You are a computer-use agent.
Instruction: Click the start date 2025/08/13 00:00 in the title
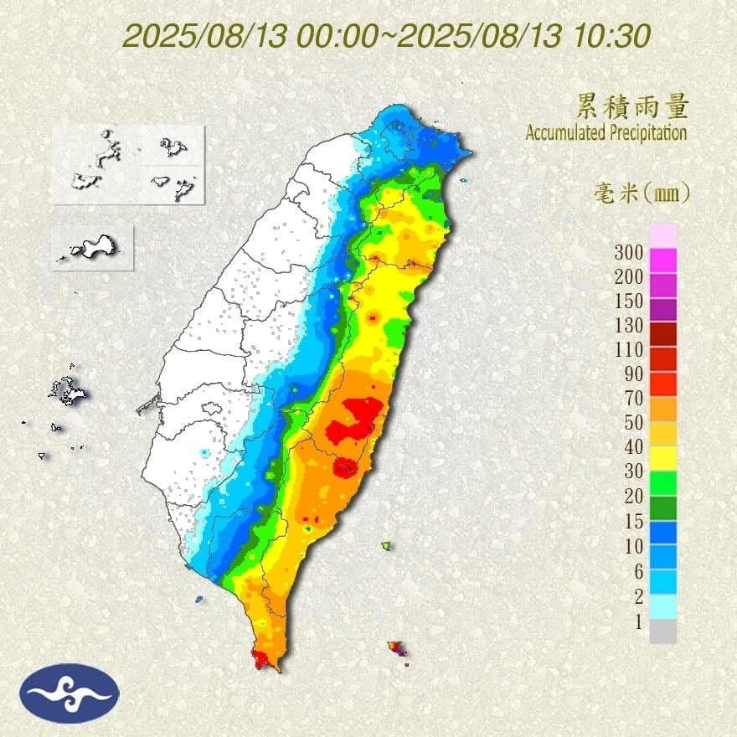pyautogui.click(x=251, y=35)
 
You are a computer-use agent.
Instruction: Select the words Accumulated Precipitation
pyautogui.click(x=606, y=132)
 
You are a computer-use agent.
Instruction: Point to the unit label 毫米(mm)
pyautogui.click(x=637, y=194)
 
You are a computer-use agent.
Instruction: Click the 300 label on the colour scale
pyautogui.click(x=628, y=252)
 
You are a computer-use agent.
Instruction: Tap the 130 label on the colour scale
pyautogui.click(x=628, y=325)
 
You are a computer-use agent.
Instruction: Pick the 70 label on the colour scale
pyautogui.click(x=633, y=398)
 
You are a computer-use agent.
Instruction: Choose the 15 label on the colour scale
pyautogui.click(x=633, y=521)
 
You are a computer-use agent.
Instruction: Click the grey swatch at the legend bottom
pyautogui.click(x=662, y=631)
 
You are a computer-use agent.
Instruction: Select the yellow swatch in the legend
pyautogui.click(x=662, y=457)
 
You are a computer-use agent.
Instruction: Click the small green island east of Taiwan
pyautogui.click(x=386, y=546)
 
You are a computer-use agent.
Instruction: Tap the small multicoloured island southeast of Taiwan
pyautogui.click(x=397, y=648)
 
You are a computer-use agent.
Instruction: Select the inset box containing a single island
pyautogui.click(x=92, y=248)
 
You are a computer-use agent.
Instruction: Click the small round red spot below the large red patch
pyautogui.click(x=344, y=466)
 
